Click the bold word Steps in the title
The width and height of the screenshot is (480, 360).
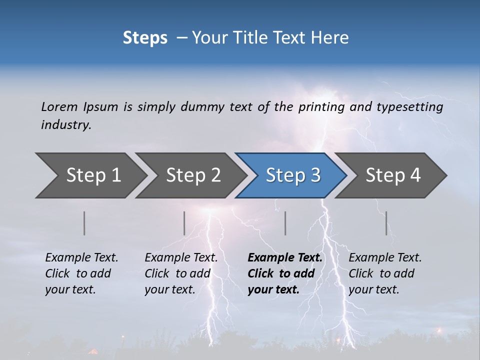tap(145, 38)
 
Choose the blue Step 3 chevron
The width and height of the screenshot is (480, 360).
tap(293, 175)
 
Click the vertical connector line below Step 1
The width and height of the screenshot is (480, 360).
tap(84, 223)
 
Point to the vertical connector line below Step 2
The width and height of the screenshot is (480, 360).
tap(184, 223)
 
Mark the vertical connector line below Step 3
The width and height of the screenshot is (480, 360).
tap(285, 223)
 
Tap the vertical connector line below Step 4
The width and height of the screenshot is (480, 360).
tap(386, 223)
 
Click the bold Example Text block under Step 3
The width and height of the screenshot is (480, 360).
tap(285, 273)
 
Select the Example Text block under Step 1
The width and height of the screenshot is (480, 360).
tap(81, 273)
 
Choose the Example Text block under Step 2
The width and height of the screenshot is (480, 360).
tap(181, 273)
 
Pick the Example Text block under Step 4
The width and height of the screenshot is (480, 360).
tap(385, 273)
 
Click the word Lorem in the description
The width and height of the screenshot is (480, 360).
tap(59, 106)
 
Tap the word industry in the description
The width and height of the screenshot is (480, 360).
tap(66, 125)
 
